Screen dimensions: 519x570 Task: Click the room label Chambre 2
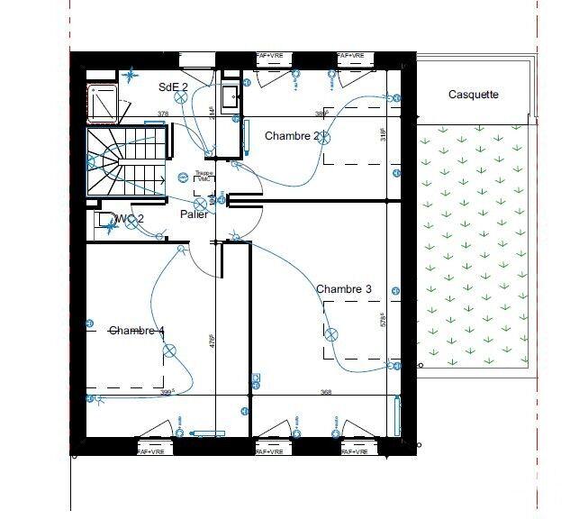coord(293,136)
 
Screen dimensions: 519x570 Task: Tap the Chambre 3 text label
coord(344,289)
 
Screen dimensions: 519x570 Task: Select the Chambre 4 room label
coord(136,331)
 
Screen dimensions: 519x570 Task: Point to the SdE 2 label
coord(173,86)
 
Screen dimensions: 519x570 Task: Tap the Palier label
coord(194,214)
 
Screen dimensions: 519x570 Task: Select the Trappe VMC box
coord(204,177)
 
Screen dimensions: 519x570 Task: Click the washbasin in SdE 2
coord(230,95)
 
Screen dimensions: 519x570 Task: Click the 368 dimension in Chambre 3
coord(326,391)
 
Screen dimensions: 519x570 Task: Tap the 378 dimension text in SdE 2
coord(163,114)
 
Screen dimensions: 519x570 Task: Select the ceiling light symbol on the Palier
coord(200,204)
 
